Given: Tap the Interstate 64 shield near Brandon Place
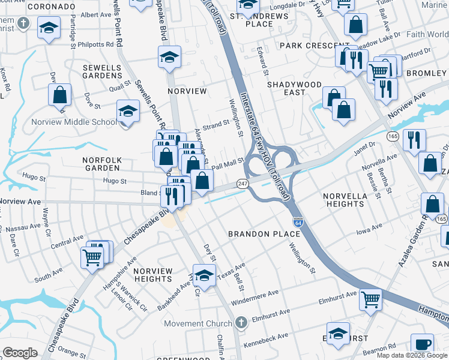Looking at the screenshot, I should pos(297,223).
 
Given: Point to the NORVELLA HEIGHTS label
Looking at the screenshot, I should pos(343,200).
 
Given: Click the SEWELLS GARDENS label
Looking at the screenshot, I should pos(103,71).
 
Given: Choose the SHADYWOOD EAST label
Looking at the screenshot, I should pos(294,88).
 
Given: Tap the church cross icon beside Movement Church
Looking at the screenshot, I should pos(241,323).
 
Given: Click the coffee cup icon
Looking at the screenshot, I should pos(424,343).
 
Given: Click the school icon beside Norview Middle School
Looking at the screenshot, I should pos(128,111).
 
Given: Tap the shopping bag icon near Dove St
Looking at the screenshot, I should pos(59,95).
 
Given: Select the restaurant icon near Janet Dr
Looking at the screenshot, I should pos(414,140).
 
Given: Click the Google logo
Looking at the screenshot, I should pos(20,353).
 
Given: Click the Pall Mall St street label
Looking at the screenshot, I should pos(228,162).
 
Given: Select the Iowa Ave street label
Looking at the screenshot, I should pos(369,229).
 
